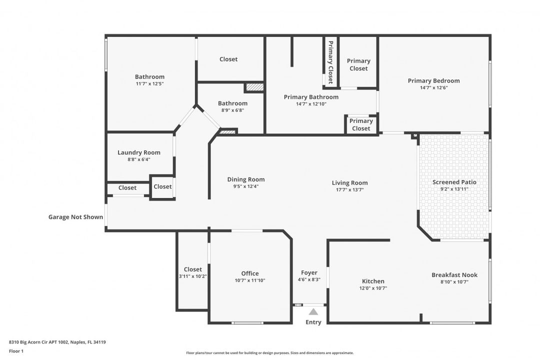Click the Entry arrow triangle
tap(313, 312)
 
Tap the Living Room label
tap(349, 183)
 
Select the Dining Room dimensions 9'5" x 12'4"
tap(246, 186)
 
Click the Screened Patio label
tap(454, 182)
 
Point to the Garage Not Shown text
tap(76, 217)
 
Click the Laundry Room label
tap(139, 152)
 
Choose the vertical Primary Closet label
tap(330, 62)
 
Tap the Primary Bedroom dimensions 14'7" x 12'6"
tap(433, 87)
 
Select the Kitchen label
tap(373, 281)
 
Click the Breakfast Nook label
tap(454, 275)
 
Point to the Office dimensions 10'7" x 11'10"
tap(250, 280)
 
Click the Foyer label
tap(309, 273)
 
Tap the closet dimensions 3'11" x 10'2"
tap(193, 276)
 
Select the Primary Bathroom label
tap(311, 97)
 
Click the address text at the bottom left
tap(57, 342)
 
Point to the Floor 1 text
tap(16, 351)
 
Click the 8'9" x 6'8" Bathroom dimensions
tap(233, 110)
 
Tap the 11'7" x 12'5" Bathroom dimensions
tap(149, 83)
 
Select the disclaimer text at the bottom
tap(269, 353)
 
